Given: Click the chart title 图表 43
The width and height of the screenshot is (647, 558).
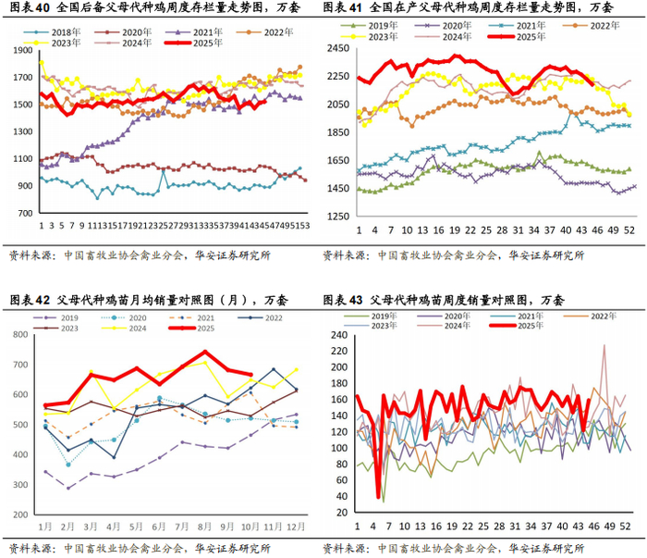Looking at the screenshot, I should [x=444, y=301].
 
